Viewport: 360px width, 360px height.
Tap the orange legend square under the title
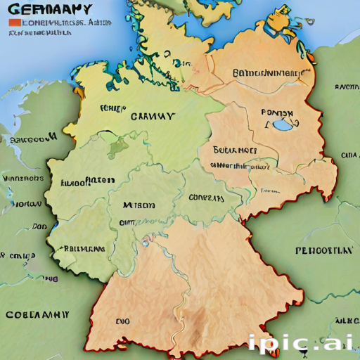(14, 23)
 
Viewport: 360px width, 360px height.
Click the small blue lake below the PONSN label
(282, 127)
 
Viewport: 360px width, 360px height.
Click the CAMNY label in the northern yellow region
(153, 117)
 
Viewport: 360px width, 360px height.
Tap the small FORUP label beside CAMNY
(112, 109)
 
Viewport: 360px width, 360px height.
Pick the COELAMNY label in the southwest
(38, 314)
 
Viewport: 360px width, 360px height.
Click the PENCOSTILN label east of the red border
(323, 250)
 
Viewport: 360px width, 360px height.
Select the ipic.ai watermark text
(301, 343)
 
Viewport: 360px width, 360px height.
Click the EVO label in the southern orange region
(122, 321)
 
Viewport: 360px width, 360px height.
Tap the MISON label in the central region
(138, 206)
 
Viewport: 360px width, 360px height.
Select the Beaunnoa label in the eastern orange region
(235, 150)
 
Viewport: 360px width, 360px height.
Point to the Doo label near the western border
(39, 227)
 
